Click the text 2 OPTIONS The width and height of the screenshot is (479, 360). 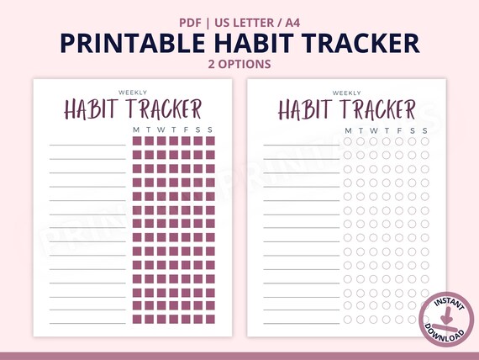coord(239,63)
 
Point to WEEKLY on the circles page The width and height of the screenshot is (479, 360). coord(347,93)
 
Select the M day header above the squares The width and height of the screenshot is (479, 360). coord(137,130)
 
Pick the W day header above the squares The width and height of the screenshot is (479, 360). coord(162,130)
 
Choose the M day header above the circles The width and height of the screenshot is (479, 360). coord(348,130)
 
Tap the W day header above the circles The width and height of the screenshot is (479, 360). coord(373,130)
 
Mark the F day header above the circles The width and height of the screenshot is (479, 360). coord(398,130)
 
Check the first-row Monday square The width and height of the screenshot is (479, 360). coord(137,141)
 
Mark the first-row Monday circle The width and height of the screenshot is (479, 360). coord(348,141)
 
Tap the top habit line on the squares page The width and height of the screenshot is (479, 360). coord(87,146)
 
